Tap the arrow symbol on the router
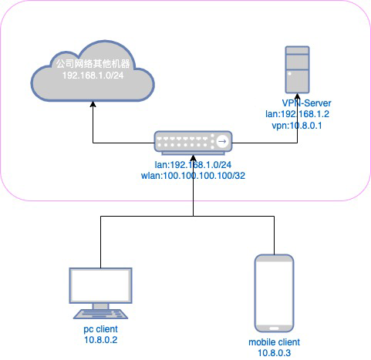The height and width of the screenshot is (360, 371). (222, 142)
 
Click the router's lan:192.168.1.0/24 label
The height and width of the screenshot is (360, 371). (192, 164)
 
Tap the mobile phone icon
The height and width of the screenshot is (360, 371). (274, 291)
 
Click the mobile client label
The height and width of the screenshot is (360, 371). (274, 341)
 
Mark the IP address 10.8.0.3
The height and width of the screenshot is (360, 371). (274, 352)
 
